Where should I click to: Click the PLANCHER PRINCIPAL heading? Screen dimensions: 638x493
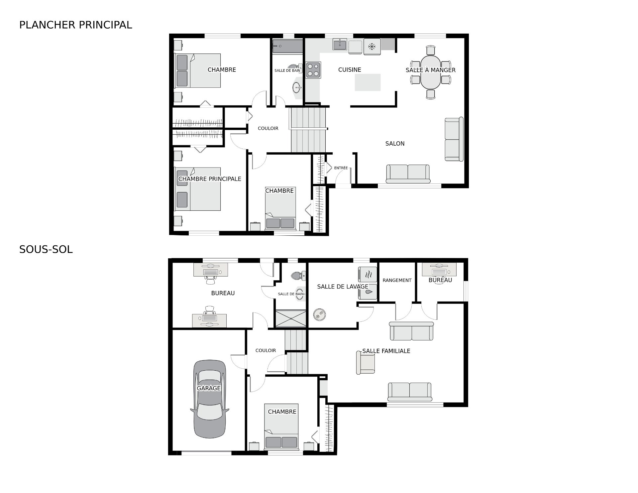(76, 25)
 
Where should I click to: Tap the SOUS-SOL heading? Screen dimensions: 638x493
(46, 250)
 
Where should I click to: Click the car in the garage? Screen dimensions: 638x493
(210, 399)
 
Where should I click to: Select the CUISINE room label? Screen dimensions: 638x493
(350, 70)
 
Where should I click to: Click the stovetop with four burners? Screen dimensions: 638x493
(313, 70)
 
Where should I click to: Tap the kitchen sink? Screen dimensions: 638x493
(340, 44)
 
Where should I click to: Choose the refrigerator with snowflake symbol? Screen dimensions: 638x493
(372, 47)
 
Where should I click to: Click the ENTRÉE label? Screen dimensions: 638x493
(341, 168)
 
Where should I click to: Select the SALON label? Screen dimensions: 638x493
(395, 144)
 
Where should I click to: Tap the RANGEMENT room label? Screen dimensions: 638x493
(397, 280)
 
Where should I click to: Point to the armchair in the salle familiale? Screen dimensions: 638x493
(366, 363)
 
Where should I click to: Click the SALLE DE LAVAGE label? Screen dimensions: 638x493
(343, 287)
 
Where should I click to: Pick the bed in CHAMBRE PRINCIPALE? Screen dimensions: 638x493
(198, 189)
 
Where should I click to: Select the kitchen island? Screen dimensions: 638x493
(368, 82)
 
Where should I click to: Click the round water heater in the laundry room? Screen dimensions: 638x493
(319, 314)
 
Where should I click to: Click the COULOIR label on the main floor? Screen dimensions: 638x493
(268, 128)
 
